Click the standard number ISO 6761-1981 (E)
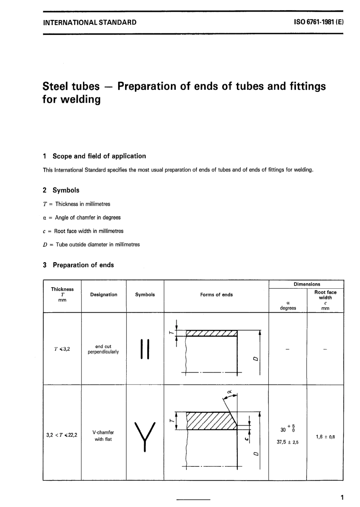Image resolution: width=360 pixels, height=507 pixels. [318, 22]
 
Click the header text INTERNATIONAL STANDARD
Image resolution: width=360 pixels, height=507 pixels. [90, 22]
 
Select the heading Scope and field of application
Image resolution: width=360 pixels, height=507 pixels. [99, 156]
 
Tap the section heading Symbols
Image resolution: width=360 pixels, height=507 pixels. [66, 190]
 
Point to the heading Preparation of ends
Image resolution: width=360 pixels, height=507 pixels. [83, 265]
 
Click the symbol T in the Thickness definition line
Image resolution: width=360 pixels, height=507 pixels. [45, 204]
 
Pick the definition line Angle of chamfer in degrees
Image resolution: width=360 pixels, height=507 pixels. [88, 218]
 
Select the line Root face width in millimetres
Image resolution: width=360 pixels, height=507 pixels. [89, 231]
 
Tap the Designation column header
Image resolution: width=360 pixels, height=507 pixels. [103, 295]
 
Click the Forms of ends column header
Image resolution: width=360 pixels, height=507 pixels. [216, 295]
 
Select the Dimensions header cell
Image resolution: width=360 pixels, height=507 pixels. [307, 284]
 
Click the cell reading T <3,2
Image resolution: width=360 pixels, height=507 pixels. [62, 349]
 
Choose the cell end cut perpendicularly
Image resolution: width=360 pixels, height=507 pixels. [103, 349]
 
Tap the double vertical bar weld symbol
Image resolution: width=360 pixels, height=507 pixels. [145, 349]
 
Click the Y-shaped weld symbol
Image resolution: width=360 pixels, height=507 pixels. [145, 436]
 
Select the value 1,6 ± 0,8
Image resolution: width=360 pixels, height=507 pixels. [325, 437]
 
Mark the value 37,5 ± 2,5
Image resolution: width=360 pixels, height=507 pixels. [288, 442]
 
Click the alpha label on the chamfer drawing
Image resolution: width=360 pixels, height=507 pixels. [229, 391]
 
